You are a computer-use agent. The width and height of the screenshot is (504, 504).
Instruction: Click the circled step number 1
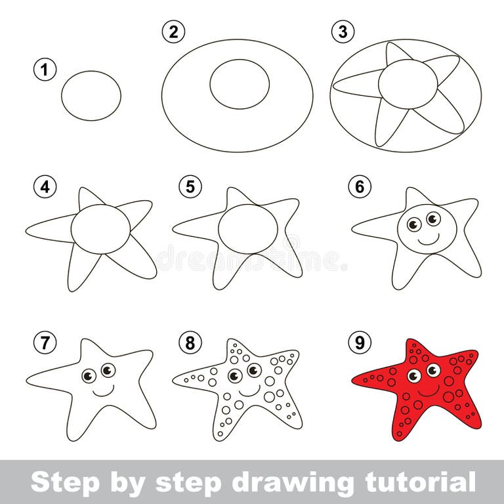pyautogui.click(x=45, y=70)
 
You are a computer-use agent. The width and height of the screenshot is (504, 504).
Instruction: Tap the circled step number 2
pyautogui.click(x=173, y=31)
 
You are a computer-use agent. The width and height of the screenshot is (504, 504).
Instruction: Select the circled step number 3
pyautogui.click(x=341, y=31)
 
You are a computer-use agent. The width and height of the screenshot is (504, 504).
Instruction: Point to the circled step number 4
pyautogui.click(x=45, y=187)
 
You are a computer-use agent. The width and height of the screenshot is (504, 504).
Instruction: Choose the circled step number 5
pyautogui.click(x=190, y=187)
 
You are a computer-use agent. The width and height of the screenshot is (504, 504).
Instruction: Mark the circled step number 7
pyautogui.click(x=45, y=342)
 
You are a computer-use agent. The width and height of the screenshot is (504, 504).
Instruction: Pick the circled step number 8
pyautogui.click(x=190, y=342)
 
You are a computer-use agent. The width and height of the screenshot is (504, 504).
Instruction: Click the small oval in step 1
pyautogui.click(x=91, y=96)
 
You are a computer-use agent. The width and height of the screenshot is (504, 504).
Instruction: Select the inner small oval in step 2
pyautogui.click(x=240, y=83)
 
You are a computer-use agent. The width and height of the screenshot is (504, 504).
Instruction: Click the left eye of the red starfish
pyautogui.click(x=413, y=376)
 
